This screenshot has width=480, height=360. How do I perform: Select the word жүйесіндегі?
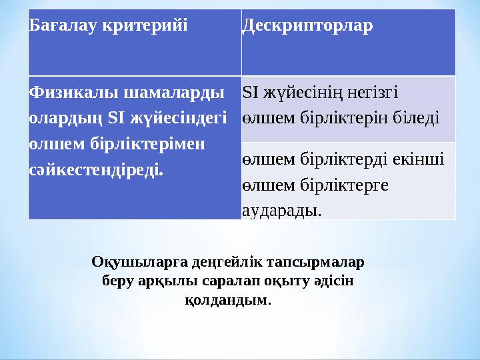175,118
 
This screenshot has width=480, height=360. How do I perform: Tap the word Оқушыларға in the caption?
135,262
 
